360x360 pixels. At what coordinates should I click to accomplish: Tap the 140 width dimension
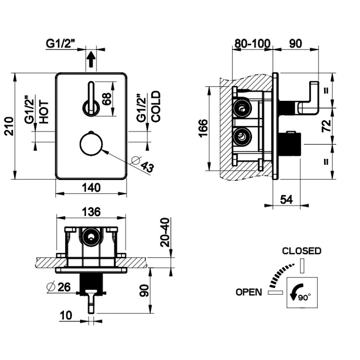point(91,188)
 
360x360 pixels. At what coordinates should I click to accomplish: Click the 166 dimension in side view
point(203,129)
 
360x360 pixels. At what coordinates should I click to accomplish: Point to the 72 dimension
point(326,126)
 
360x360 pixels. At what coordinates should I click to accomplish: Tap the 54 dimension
point(287,199)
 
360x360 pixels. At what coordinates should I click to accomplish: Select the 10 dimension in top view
point(67,315)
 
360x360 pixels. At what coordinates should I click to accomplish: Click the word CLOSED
point(301,251)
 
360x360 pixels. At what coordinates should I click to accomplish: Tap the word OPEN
point(249,292)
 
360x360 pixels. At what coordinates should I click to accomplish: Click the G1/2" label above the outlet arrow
point(61,44)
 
